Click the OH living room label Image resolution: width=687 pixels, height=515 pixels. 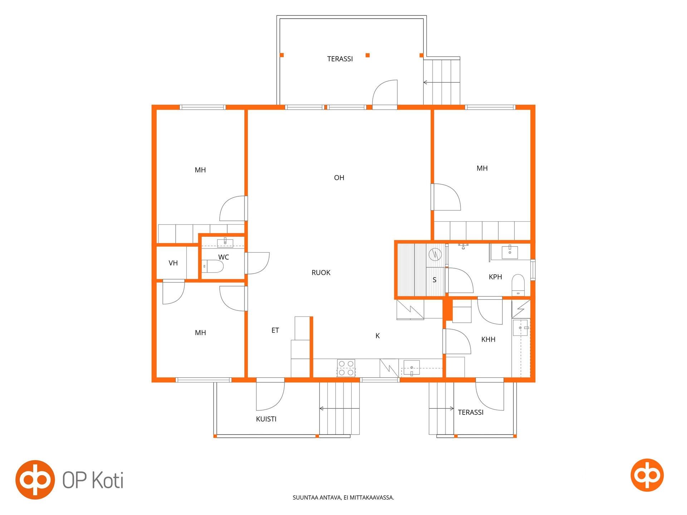point(339,178)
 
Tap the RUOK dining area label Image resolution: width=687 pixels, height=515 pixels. point(321,273)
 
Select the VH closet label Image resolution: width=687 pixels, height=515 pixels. point(173,263)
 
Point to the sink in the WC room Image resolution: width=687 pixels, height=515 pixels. point(225,243)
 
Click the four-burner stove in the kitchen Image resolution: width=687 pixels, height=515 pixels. point(346,368)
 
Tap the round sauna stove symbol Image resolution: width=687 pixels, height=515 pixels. point(435,254)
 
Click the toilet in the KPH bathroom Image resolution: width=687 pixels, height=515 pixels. point(518,284)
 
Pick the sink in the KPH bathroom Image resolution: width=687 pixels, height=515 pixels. point(510,252)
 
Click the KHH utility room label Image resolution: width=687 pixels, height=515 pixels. point(488,339)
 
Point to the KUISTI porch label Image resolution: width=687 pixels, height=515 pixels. point(266,419)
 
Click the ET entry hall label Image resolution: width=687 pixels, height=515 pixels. point(275,330)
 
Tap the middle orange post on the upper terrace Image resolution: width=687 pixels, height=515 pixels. point(367,55)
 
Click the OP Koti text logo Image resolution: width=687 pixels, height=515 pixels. point(93,480)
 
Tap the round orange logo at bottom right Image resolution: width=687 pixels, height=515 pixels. point(647,475)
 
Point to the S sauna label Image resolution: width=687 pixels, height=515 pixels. point(434,280)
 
